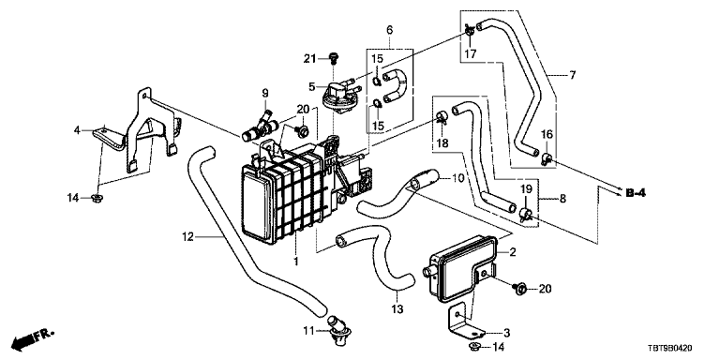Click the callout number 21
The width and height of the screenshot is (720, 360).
click(x=310, y=59)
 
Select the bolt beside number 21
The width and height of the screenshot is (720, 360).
click(x=334, y=58)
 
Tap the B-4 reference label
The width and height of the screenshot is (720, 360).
click(x=636, y=193)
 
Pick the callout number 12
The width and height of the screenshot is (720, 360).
click(x=188, y=237)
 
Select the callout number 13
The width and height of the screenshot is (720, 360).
click(x=397, y=309)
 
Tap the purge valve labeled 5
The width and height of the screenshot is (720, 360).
click(x=338, y=93)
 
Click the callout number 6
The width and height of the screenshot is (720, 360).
click(x=389, y=30)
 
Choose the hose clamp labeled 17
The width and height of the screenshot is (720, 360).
click(x=470, y=31)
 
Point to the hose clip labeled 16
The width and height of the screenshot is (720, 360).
click(x=546, y=157)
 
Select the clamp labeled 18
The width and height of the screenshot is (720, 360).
click(x=442, y=116)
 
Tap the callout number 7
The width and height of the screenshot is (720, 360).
click(x=572, y=75)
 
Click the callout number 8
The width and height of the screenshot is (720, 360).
click(x=562, y=199)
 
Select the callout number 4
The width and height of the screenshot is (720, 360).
click(x=77, y=131)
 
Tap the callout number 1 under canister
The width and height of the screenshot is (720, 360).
click(x=296, y=262)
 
